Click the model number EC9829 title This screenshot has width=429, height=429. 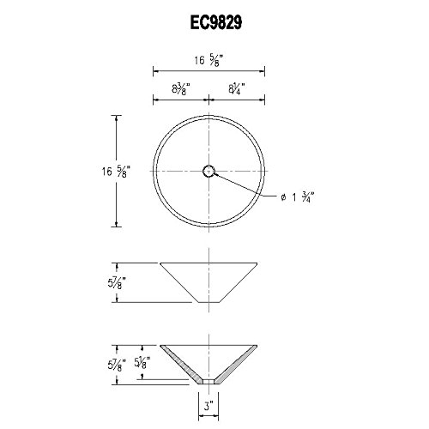pos(216,22)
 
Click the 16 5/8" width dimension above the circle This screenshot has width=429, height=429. pos(208,61)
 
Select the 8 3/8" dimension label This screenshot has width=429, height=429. pos(181,88)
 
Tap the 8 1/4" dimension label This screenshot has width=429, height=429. pos(238,88)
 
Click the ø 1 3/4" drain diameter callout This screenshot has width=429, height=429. pos(298,197)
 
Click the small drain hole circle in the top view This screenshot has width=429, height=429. pos(208,172)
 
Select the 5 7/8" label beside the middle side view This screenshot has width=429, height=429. pos(117,283)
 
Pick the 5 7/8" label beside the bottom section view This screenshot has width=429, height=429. pos(117,366)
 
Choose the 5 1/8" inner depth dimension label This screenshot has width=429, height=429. pos(142,362)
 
